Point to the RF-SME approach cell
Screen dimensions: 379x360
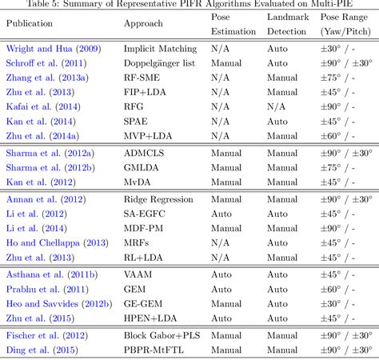click(x=146, y=78)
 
